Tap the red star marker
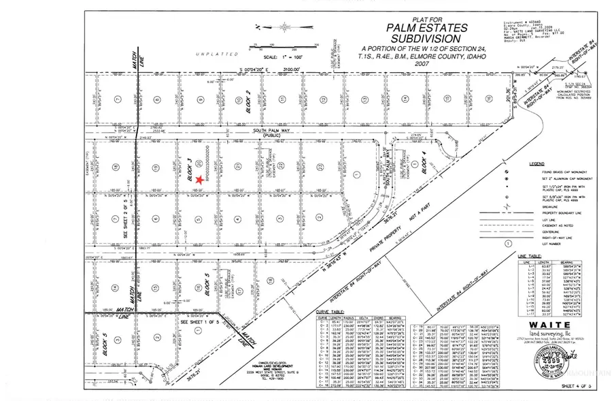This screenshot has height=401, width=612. (x=199, y=179)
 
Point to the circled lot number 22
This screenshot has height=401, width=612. (x=280, y=165)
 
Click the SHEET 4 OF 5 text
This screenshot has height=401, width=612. (x=579, y=387)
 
